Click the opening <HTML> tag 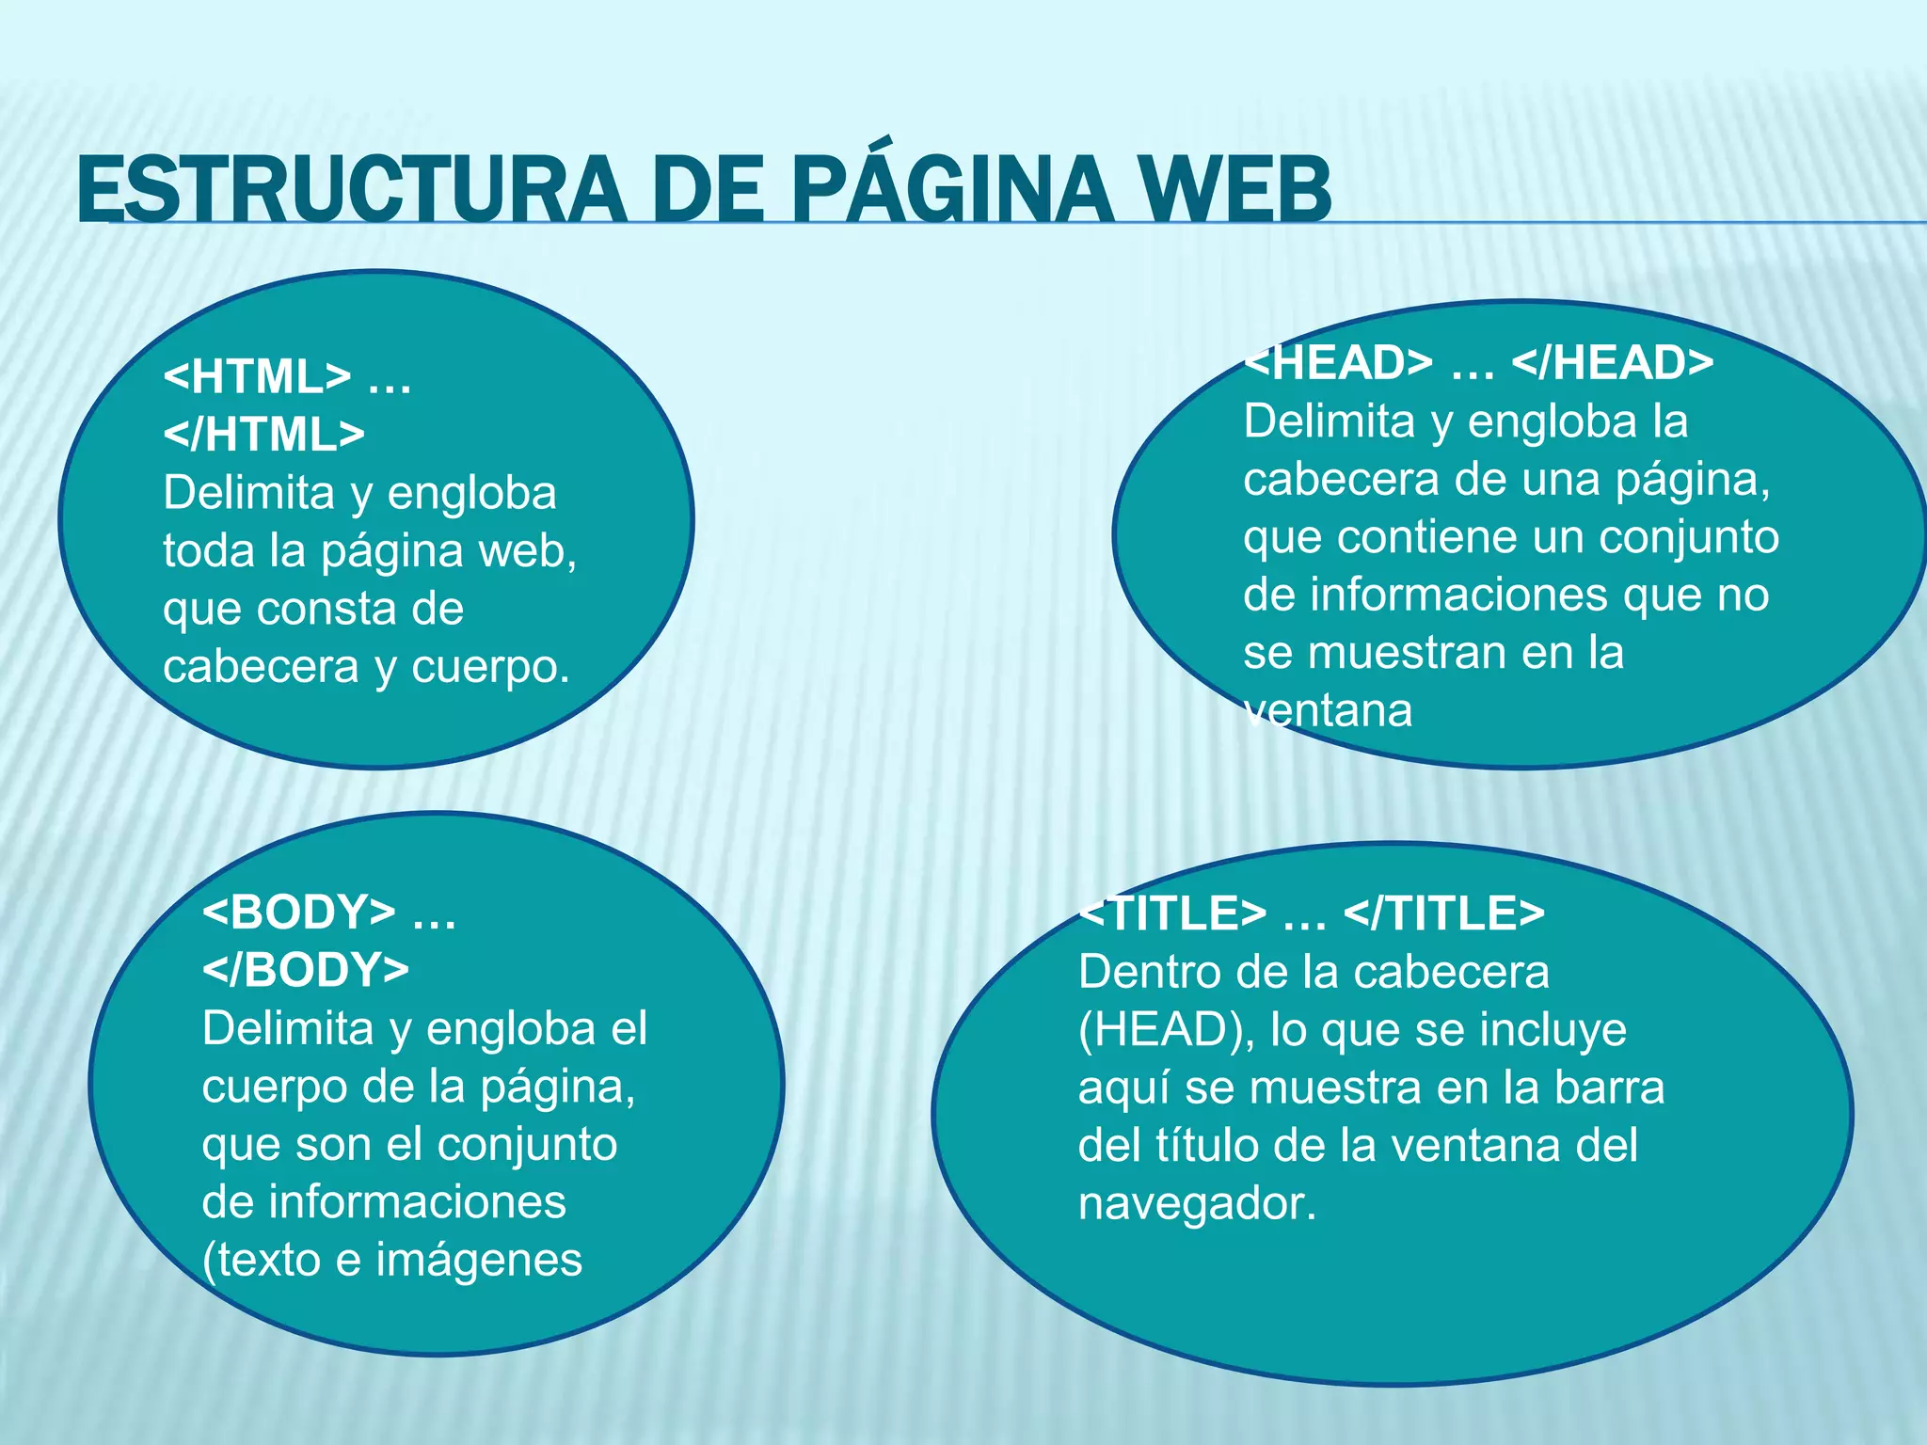click(257, 377)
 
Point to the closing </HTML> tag click(263, 435)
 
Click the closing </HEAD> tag click(1612, 363)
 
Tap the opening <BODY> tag click(298, 912)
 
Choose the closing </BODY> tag click(305, 970)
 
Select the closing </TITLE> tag click(1444, 913)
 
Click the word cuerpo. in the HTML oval click(490, 667)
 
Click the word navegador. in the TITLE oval click(1197, 1203)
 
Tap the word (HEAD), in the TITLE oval click(1166, 1030)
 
